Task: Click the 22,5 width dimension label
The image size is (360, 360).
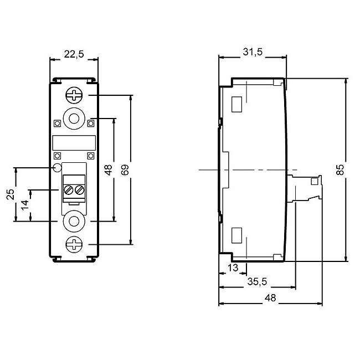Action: point(74,54)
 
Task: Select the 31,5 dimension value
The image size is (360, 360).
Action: point(253,52)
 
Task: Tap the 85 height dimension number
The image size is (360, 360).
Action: point(340,169)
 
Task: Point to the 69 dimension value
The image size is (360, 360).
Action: point(125,169)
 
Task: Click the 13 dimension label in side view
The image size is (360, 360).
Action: point(233,268)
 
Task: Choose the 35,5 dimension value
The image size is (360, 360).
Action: point(257,281)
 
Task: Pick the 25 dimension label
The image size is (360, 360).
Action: point(11,194)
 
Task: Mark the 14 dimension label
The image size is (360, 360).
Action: point(25,205)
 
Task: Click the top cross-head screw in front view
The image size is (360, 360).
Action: point(74,95)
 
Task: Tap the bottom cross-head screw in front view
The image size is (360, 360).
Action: point(74,244)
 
